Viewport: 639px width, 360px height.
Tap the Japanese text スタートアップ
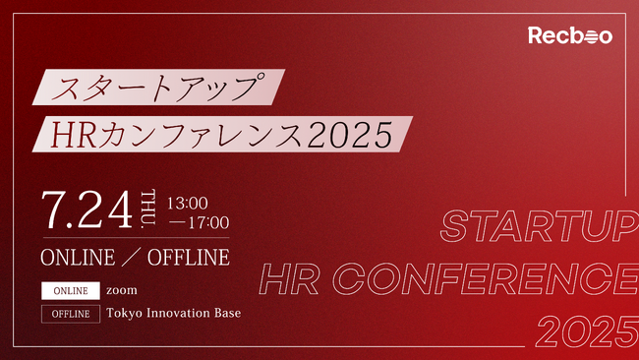(x=160, y=88)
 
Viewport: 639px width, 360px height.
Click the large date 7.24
(x=87, y=209)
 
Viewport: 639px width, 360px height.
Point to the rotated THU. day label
(x=149, y=209)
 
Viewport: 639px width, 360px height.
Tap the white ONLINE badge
(x=71, y=291)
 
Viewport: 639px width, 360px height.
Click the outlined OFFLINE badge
(x=71, y=314)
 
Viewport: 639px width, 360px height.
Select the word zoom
(x=122, y=291)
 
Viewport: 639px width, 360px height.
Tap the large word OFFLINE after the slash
(x=189, y=258)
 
